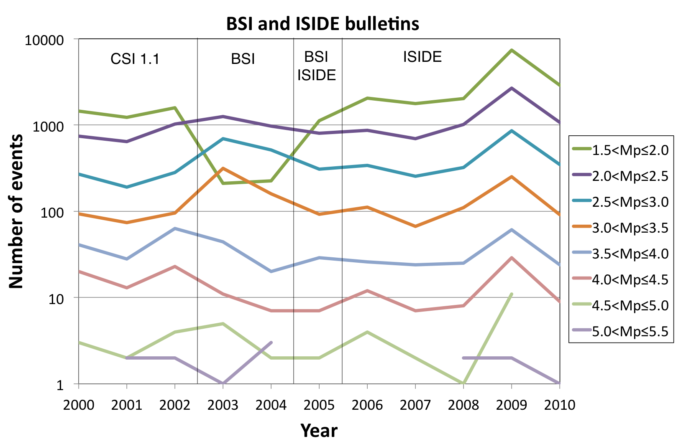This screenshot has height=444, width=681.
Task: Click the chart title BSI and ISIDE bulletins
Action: (323, 24)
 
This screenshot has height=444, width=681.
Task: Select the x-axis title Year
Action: (319, 430)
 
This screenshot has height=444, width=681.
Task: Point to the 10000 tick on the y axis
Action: (44, 41)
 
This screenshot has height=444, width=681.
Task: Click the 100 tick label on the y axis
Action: (52, 213)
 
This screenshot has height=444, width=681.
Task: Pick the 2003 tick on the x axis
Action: (223, 405)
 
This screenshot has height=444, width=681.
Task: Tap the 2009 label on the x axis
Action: (511, 405)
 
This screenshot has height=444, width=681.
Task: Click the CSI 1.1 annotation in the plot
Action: (135, 59)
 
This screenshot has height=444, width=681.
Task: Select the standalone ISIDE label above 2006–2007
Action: (422, 57)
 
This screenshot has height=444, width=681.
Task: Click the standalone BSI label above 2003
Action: (243, 59)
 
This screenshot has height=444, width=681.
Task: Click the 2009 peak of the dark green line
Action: (511, 50)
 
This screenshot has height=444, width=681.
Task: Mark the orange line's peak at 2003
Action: (223, 168)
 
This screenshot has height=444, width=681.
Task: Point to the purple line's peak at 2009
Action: (511, 88)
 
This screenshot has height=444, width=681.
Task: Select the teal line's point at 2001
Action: (127, 187)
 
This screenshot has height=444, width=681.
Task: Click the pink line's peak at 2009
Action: (511, 258)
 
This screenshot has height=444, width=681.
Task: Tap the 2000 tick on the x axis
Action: (79, 405)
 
